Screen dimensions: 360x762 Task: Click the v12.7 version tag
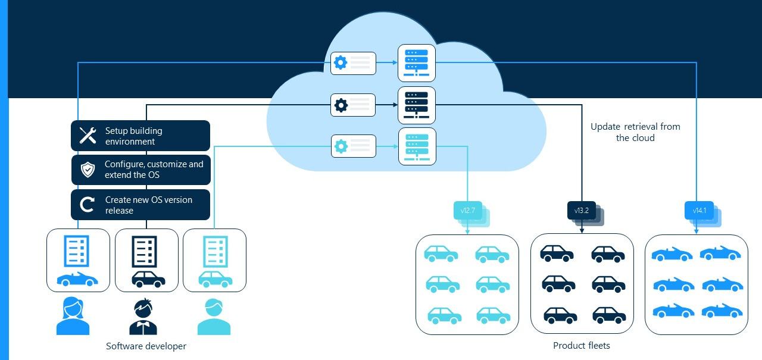coord(467,210)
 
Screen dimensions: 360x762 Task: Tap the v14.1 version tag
coord(699,210)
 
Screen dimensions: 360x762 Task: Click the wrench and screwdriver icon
coord(88,136)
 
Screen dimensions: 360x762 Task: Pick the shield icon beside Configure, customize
coord(88,170)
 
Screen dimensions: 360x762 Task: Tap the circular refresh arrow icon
coord(88,205)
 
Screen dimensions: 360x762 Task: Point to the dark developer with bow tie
coord(143,317)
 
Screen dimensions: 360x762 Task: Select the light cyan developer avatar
coord(213,317)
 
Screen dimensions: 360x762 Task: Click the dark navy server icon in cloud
coord(417,105)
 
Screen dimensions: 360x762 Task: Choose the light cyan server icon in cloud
coord(417,146)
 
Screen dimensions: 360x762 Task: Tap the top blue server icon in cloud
coord(417,62)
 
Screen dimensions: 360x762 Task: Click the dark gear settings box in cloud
coord(353,105)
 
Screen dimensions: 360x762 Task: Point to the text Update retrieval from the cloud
coord(635,132)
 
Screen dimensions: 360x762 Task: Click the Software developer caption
coord(146,346)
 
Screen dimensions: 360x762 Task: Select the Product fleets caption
coord(582,345)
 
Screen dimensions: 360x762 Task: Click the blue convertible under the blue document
coord(78,279)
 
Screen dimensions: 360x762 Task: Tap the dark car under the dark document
coord(148,278)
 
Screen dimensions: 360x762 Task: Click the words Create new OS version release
coord(149,205)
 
